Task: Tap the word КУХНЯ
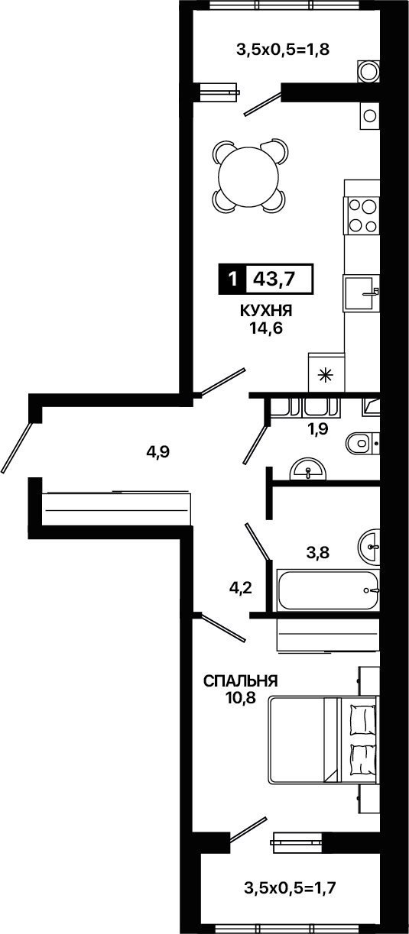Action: click(266, 310)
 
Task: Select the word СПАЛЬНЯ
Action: click(240, 681)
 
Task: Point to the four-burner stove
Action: click(362, 215)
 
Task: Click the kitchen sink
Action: click(362, 293)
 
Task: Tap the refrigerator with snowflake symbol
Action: click(326, 373)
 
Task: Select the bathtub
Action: click(329, 590)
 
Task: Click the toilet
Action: click(362, 443)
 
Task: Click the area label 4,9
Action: click(157, 451)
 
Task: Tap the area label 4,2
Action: click(241, 588)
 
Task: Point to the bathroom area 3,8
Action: click(318, 553)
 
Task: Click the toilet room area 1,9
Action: click(316, 429)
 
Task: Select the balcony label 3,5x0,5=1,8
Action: click(283, 50)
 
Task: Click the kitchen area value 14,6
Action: click(266, 328)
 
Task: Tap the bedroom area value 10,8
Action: click(240, 696)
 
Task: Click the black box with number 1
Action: click(232, 279)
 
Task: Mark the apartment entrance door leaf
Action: click(16, 448)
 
